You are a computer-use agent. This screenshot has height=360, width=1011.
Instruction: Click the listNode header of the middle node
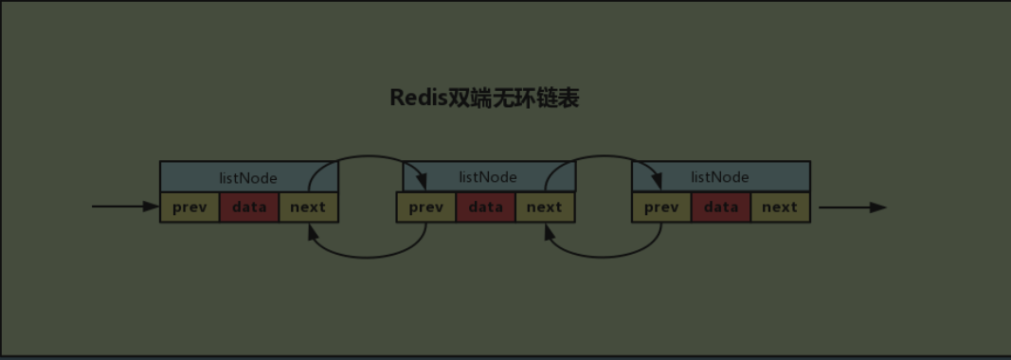tap(487, 177)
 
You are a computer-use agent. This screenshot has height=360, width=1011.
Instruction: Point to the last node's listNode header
tap(720, 177)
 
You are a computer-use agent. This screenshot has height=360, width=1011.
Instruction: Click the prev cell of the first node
tap(190, 207)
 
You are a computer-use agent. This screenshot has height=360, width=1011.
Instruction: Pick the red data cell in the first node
tap(249, 207)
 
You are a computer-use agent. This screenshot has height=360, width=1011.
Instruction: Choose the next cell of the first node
tap(308, 207)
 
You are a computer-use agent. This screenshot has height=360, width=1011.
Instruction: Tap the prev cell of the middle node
tap(426, 207)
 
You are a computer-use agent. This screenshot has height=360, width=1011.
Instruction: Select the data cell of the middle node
tap(486, 207)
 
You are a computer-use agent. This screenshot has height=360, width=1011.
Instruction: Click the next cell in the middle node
tap(545, 207)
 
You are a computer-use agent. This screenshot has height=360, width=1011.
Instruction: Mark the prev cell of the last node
tap(661, 207)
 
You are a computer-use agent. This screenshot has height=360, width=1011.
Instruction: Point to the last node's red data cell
tap(721, 207)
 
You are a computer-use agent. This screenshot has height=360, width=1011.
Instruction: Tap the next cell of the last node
tap(780, 207)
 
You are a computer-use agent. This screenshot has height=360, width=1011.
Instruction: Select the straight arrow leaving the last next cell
tap(852, 207)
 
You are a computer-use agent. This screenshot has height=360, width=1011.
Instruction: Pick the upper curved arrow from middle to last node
tap(606, 157)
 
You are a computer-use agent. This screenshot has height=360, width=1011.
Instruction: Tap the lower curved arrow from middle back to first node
tap(368, 256)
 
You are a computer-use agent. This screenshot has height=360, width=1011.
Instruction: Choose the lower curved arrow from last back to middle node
tap(605, 256)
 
